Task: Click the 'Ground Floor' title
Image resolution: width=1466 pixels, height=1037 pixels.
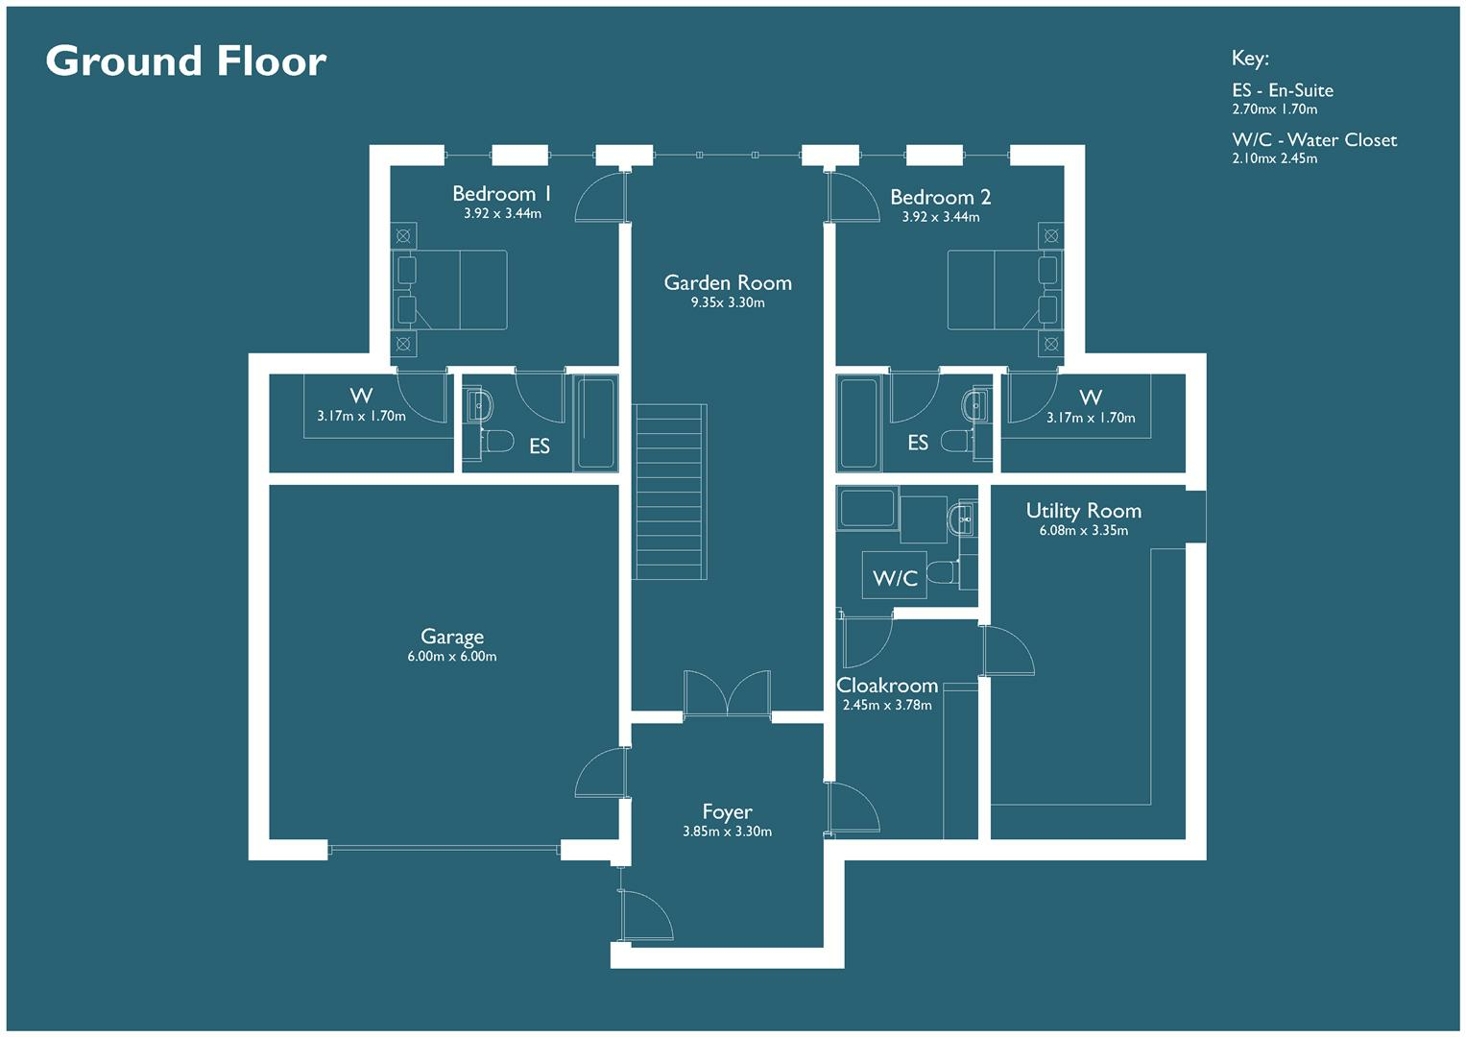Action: [186, 61]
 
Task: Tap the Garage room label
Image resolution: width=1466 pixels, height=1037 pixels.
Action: [452, 637]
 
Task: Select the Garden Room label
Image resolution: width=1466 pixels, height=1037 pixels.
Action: [728, 283]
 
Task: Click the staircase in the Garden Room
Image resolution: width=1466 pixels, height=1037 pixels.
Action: [670, 492]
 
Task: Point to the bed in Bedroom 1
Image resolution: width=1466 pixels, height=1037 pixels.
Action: [449, 290]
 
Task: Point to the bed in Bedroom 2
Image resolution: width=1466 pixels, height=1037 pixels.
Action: [1003, 290]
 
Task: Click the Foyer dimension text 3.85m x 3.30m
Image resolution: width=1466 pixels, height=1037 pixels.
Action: [727, 832]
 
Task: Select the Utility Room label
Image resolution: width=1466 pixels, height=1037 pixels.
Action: [1083, 511]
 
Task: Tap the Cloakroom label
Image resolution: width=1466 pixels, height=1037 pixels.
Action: [887, 686]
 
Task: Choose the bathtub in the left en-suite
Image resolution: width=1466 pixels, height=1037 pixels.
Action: [595, 422]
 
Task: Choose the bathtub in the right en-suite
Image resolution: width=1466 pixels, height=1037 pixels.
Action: [857, 423]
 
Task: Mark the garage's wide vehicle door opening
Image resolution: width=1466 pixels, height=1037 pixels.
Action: [444, 849]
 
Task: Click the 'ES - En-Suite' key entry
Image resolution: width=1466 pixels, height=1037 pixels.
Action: [1283, 90]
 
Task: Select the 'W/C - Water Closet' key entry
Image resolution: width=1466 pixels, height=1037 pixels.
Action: [1314, 140]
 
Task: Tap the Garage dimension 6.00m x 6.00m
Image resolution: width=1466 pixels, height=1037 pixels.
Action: [452, 657]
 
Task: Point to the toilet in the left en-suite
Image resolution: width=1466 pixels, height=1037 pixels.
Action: [496, 442]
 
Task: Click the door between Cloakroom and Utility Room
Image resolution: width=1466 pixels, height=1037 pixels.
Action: [1006, 651]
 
